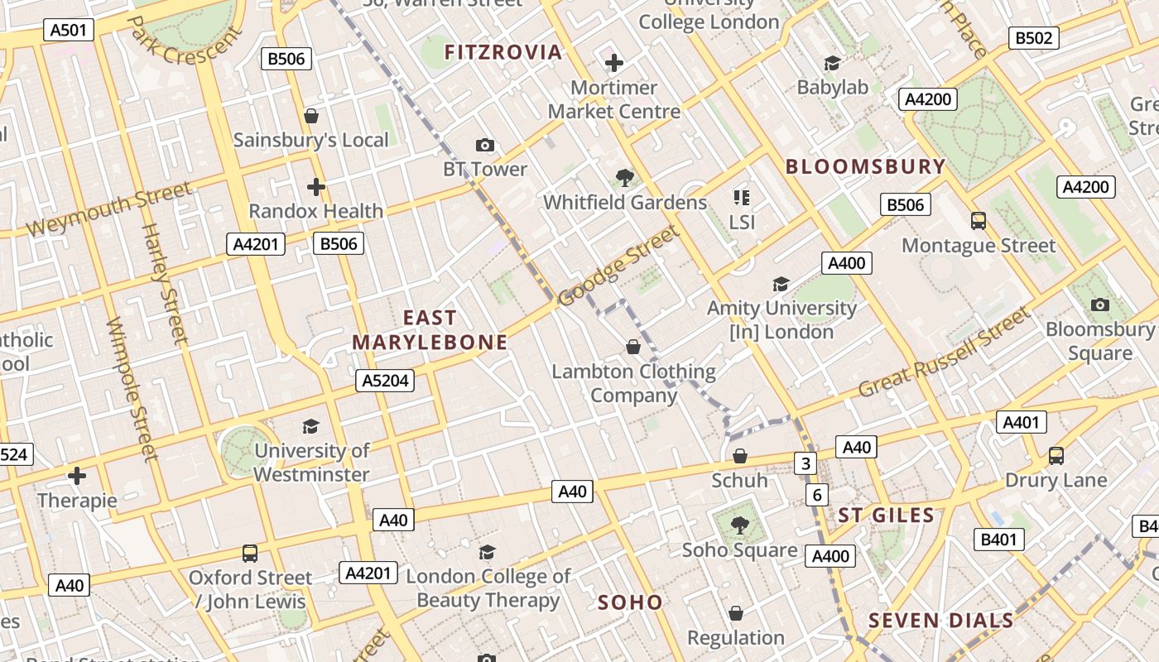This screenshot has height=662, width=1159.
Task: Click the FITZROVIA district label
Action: (x=503, y=53)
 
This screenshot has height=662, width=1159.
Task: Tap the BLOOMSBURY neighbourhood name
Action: (x=865, y=166)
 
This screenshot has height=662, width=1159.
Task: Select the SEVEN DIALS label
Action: (x=940, y=621)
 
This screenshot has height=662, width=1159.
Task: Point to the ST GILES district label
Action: (x=887, y=516)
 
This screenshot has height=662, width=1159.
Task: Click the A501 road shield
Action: (x=69, y=31)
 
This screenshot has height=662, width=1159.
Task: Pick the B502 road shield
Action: (x=1034, y=37)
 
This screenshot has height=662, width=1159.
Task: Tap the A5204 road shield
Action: (x=385, y=381)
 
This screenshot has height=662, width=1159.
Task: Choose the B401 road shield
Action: (x=998, y=540)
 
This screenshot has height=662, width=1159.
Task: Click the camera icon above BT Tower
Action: (x=485, y=146)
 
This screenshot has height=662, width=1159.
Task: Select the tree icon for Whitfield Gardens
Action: (x=625, y=177)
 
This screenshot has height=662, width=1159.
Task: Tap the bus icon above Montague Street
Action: (x=979, y=221)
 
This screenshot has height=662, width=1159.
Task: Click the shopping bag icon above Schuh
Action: (x=740, y=456)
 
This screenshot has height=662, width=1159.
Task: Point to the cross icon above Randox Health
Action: (x=315, y=186)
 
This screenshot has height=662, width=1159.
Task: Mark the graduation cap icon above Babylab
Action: (x=832, y=63)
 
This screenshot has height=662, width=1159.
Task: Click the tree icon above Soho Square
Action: (x=739, y=524)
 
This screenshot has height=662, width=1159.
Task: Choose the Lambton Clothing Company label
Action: (x=634, y=383)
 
